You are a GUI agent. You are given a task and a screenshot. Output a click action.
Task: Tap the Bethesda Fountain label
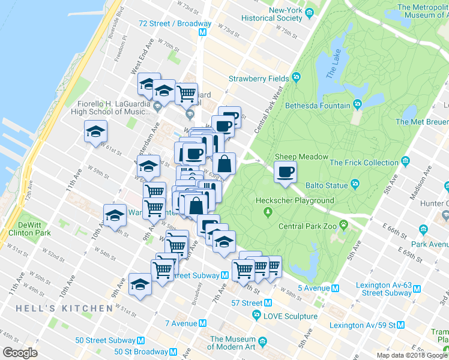(x=322, y=106)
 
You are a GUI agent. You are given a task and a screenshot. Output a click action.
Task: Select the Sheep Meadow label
(x=301, y=157)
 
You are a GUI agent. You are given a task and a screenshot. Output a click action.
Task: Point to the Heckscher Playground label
(x=294, y=200)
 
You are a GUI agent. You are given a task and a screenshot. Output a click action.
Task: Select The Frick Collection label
(x=364, y=162)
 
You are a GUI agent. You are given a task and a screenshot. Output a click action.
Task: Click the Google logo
(x=20, y=353)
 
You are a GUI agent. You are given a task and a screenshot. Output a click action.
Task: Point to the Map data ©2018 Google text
(x=411, y=355)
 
